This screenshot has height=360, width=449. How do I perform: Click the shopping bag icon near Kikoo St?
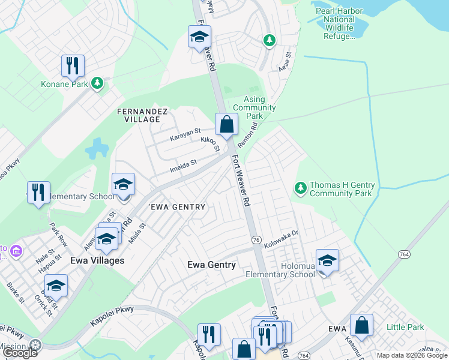click(x=227, y=125)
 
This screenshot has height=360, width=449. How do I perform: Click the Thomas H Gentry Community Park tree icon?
click(x=301, y=189)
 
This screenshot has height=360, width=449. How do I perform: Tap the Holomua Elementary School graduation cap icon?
click(x=327, y=261)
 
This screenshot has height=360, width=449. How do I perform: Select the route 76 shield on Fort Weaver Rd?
click(x=256, y=239)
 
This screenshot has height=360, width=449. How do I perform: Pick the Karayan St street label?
click(x=184, y=137)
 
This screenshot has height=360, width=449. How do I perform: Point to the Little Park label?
click(x=405, y=327)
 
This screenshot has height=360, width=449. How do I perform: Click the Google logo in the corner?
click(x=20, y=353)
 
